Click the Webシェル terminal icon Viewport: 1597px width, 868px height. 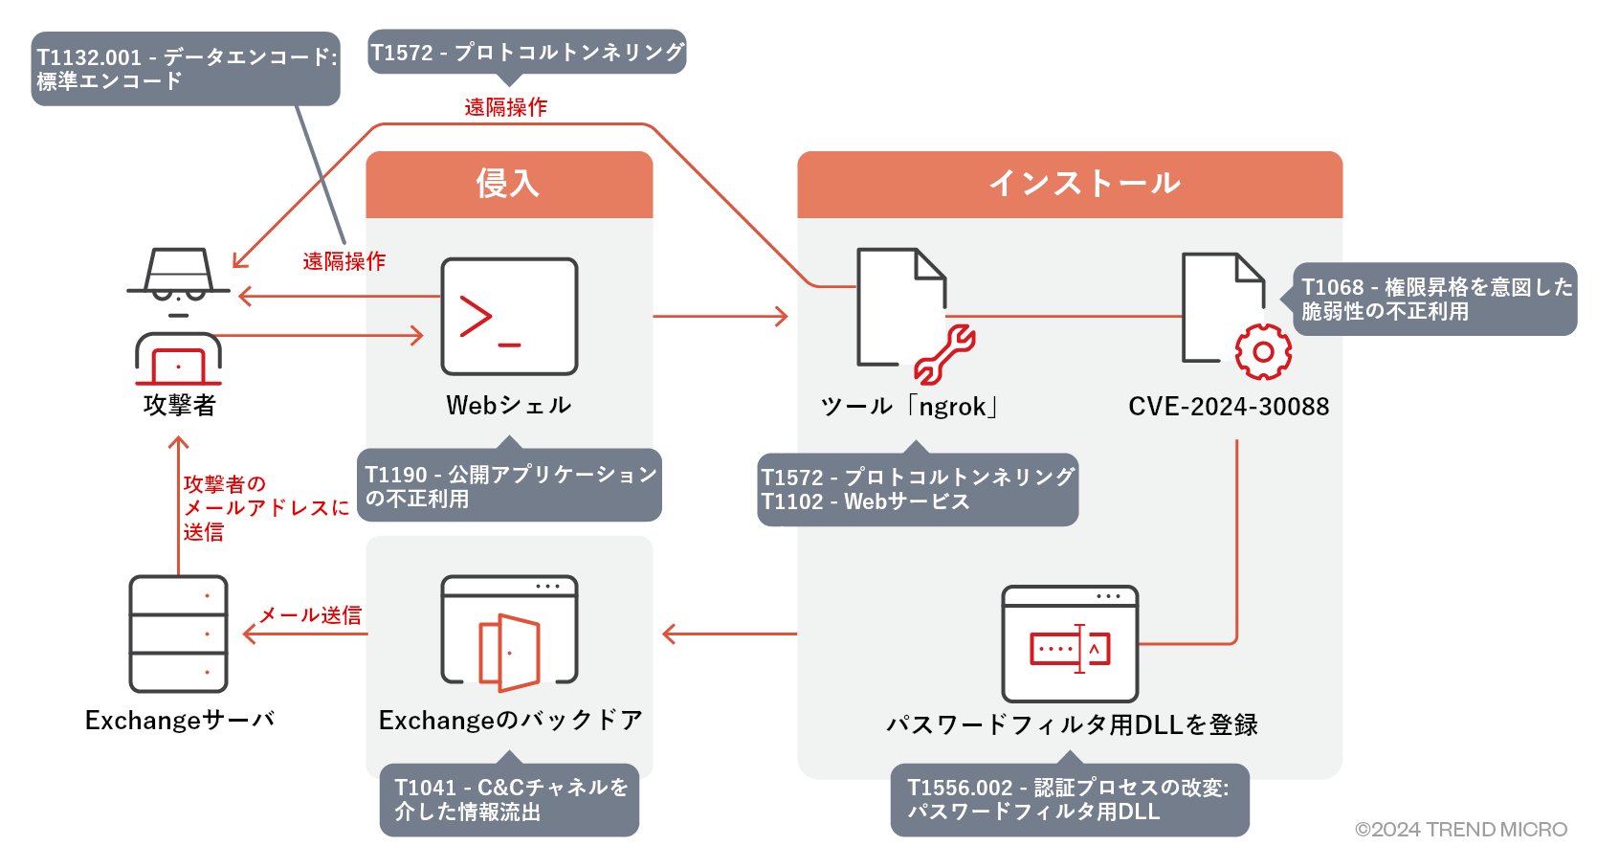coord(509,316)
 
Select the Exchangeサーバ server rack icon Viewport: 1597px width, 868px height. coord(179,634)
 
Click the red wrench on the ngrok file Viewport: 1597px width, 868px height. coord(944,354)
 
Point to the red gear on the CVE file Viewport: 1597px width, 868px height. coord(1263,352)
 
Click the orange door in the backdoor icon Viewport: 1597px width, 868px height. coord(510,652)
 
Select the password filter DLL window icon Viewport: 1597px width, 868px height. coord(1070,644)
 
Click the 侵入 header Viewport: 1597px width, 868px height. coord(509,184)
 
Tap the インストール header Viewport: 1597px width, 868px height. coord(1070,184)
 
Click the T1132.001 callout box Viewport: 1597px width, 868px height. coord(186,69)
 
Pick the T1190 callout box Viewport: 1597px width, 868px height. coord(509,486)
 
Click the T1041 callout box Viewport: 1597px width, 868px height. coord(509,800)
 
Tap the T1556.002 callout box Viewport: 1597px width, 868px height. coord(1070,800)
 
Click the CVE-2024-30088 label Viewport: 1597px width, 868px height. coord(1229,407)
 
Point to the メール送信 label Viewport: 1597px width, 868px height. coord(311,615)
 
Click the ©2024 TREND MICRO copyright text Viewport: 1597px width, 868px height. coord(1460,830)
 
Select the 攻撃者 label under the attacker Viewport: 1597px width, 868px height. coord(179,406)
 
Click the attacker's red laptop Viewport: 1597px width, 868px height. coord(179,366)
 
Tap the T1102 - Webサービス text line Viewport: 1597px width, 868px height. coord(865,502)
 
